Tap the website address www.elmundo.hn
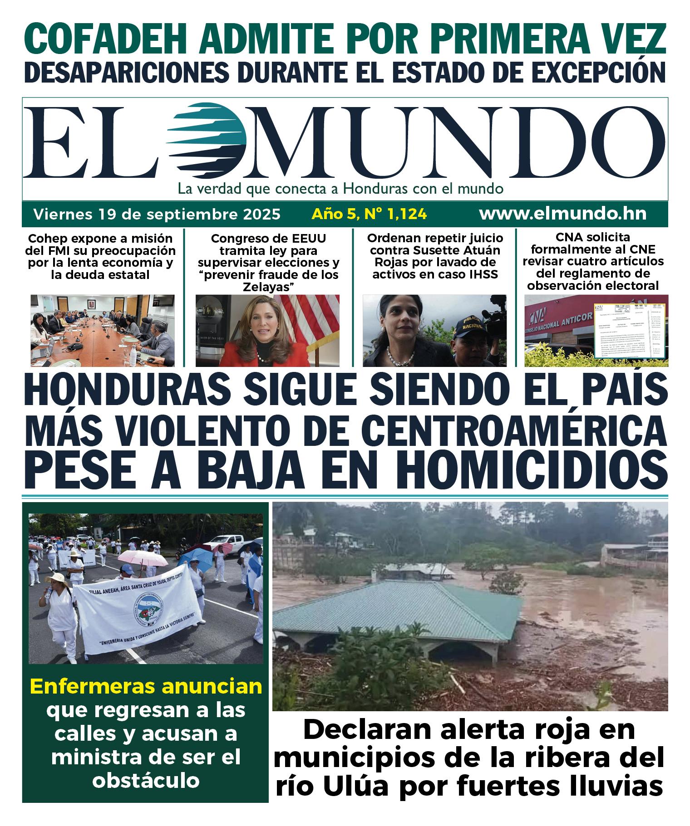coord(562,214)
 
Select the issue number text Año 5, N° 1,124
coord(369,214)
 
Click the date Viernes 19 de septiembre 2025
coord(157,214)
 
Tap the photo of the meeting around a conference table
coord(103,330)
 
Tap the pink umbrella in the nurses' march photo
coord(143,557)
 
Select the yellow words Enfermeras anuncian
coord(146,686)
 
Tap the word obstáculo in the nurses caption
coord(146,780)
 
